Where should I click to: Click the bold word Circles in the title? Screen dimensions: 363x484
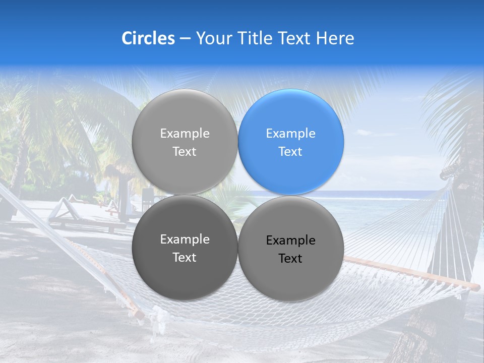(148, 38)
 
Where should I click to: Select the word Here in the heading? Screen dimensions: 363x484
(335, 38)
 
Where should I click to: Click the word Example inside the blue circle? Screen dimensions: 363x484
(291, 134)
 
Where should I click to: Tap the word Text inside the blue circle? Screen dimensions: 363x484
(291, 152)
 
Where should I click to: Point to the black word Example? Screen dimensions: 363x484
(291, 240)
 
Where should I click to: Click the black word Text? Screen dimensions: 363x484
(291, 259)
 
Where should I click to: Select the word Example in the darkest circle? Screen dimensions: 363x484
(185, 239)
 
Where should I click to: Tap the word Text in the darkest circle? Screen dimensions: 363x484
(185, 258)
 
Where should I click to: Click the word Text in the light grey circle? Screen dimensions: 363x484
(185, 152)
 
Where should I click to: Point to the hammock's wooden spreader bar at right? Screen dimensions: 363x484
(413, 272)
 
